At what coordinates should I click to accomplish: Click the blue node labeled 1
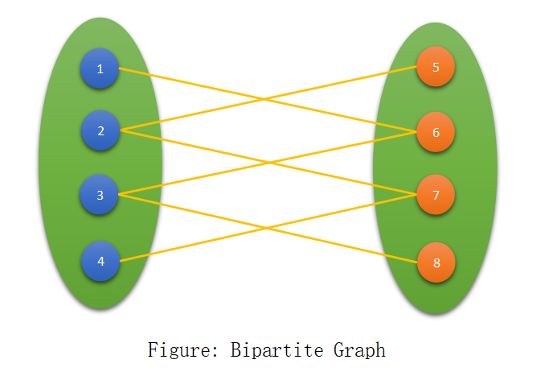100,68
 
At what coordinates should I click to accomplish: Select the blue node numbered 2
100,130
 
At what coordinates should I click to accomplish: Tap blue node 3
100,194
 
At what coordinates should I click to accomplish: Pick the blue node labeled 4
100,261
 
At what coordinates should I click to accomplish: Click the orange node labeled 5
436,67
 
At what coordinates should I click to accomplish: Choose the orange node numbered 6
436,131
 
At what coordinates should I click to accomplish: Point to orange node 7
436,194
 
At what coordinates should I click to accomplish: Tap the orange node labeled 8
436,262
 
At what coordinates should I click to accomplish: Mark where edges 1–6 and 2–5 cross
264,100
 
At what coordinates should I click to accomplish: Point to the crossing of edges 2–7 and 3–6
267,163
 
